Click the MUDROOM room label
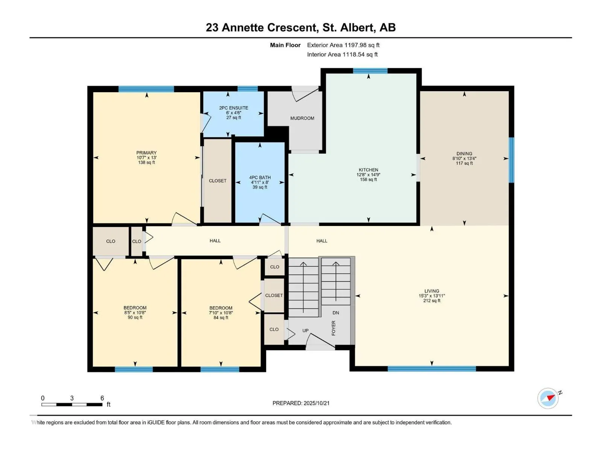(302, 118)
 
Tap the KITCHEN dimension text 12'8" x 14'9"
(368, 175)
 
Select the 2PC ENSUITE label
(234, 108)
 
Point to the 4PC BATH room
(260, 182)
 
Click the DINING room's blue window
(511, 160)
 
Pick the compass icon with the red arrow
(548, 398)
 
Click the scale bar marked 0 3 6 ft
(72, 405)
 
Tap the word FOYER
(333, 328)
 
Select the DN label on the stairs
(336, 313)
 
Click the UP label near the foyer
(306, 331)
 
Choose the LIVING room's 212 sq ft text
(432, 301)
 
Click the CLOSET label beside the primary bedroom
(217, 181)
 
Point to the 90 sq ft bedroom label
(135, 318)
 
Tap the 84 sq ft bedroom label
(221, 318)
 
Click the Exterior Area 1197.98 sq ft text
(343, 45)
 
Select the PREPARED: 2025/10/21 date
(301, 403)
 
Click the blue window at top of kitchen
(370, 70)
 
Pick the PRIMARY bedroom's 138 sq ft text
(146, 162)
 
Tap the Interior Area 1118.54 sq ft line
(342, 55)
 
